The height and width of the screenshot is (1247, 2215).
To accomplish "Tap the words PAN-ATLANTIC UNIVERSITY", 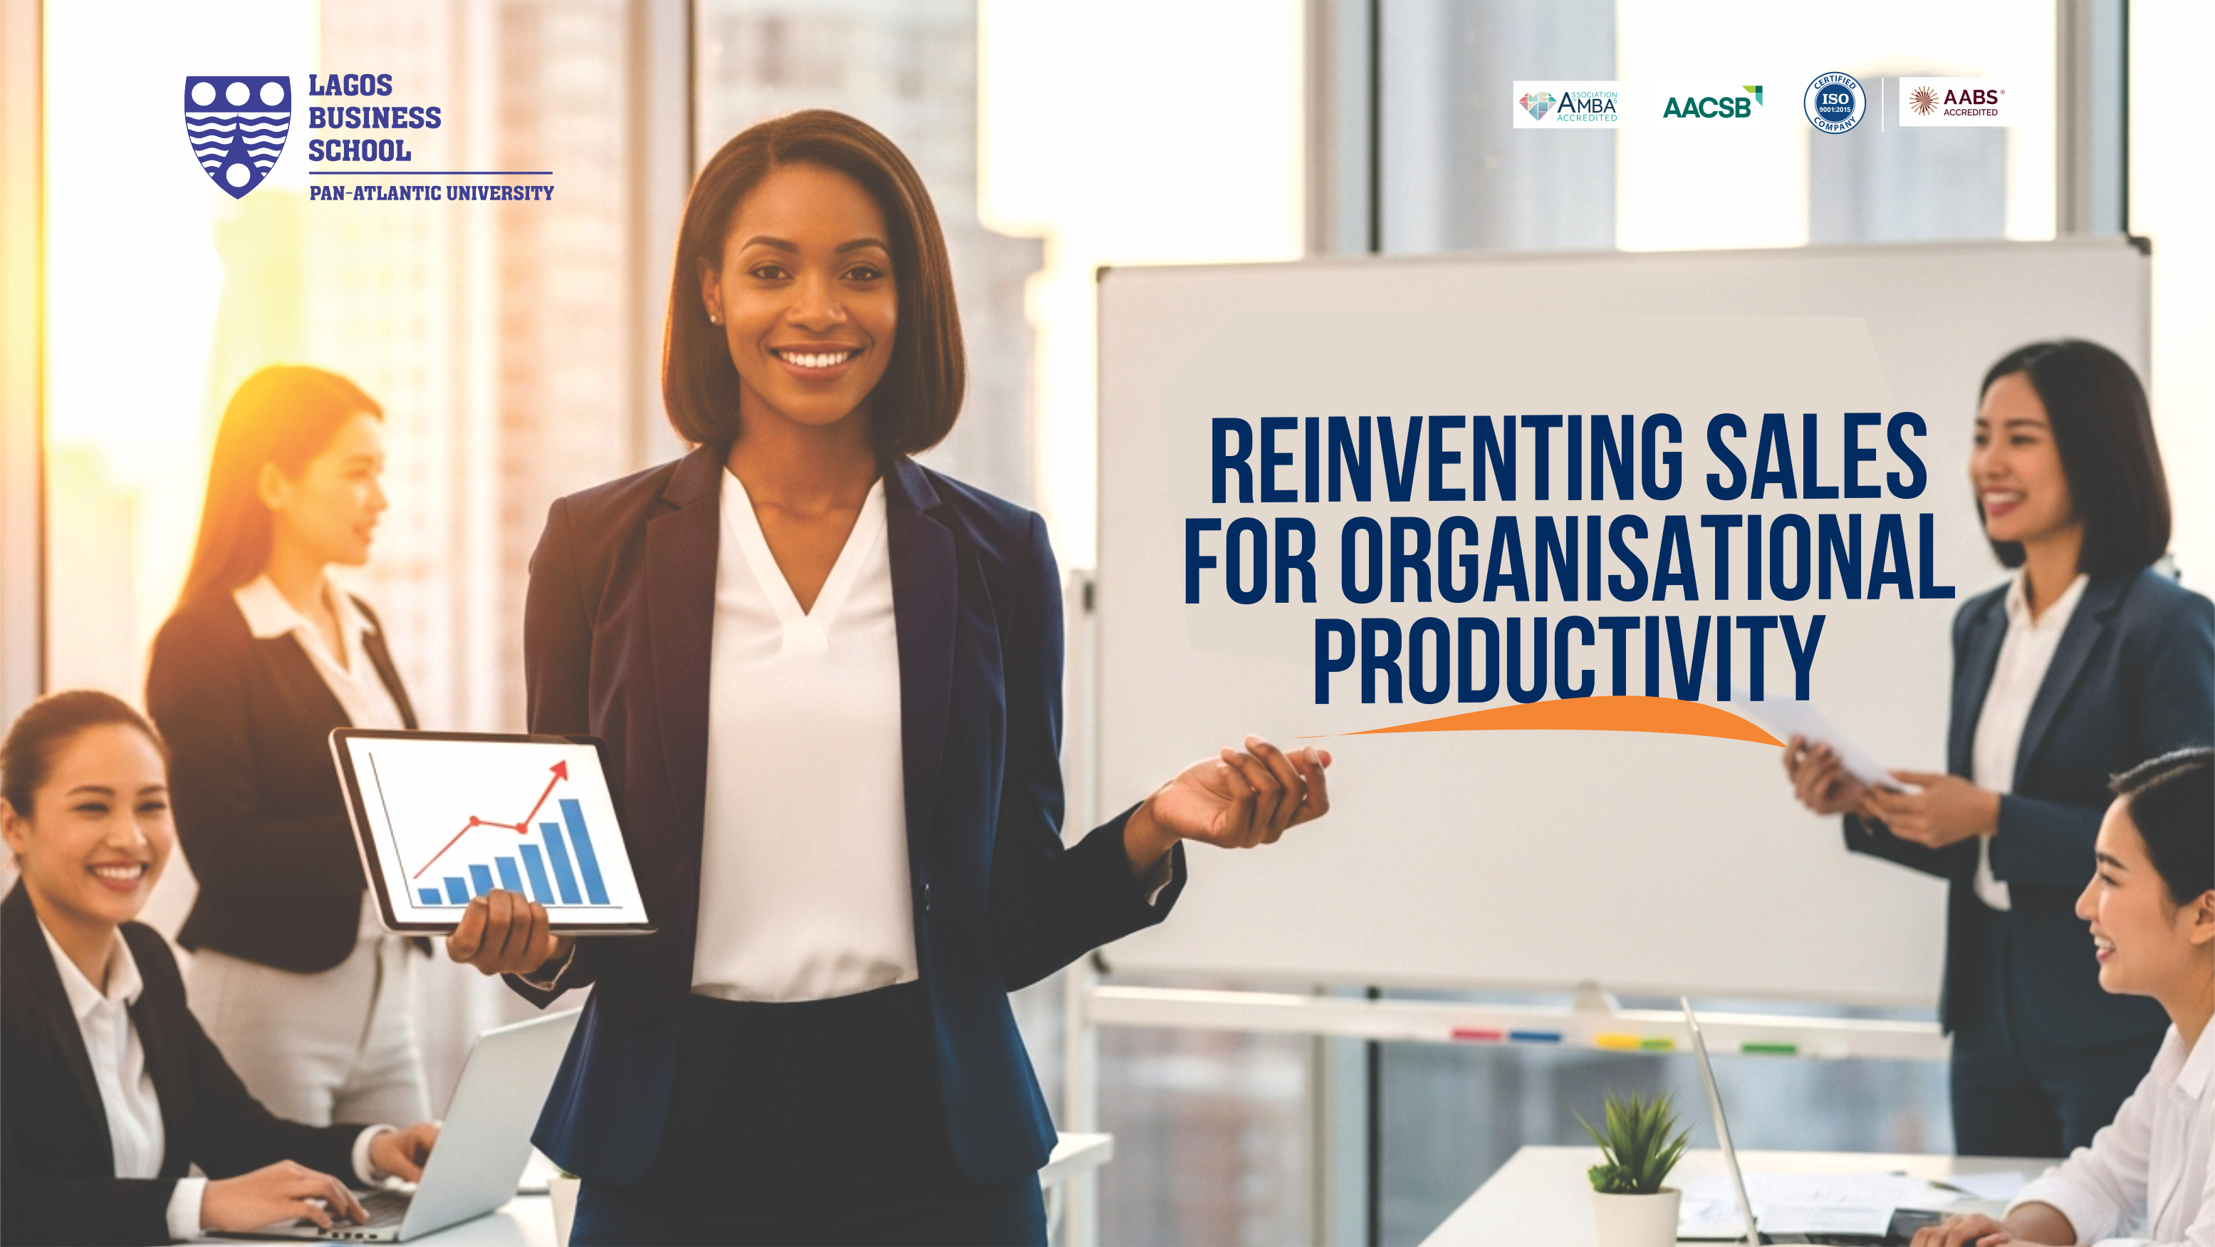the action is [432, 192].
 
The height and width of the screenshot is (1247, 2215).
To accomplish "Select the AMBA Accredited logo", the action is [1565, 105].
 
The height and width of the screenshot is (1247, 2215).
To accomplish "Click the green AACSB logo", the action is [1712, 103].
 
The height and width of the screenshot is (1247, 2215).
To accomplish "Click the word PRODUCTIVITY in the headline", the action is [1568, 658].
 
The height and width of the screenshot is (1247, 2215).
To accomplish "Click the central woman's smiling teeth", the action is [816, 356].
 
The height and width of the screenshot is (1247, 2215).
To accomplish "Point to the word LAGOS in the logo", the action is [350, 85].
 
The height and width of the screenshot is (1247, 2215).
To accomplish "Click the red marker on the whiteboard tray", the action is [1475, 1034].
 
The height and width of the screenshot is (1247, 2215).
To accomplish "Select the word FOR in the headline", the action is [1251, 559].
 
